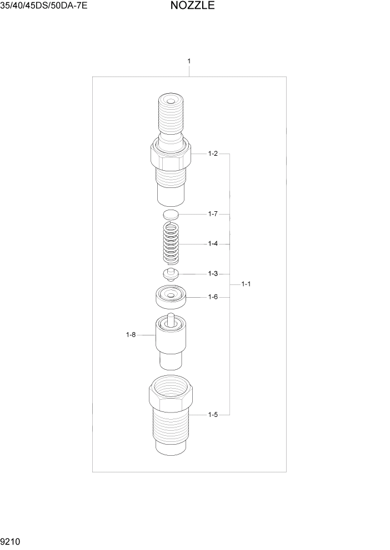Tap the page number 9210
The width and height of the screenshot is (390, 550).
(x=11, y=540)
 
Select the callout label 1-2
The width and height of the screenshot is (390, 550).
(x=212, y=154)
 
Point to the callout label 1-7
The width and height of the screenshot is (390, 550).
(x=212, y=213)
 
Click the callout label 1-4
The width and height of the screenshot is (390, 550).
(x=212, y=243)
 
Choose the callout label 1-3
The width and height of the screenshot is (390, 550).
(x=212, y=273)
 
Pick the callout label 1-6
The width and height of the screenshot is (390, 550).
(x=212, y=297)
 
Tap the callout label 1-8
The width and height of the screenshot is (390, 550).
(x=131, y=334)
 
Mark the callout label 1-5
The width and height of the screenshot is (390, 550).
(x=212, y=414)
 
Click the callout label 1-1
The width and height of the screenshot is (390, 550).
(x=246, y=284)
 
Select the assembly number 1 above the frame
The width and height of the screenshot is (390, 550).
(x=189, y=60)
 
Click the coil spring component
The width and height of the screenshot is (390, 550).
(x=172, y=243)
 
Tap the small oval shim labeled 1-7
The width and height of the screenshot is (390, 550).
(x=171, y=214)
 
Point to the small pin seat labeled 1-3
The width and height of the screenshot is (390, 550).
(x=171, y=273)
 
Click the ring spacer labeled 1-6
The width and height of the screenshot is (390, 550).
(x=171, y=298)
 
